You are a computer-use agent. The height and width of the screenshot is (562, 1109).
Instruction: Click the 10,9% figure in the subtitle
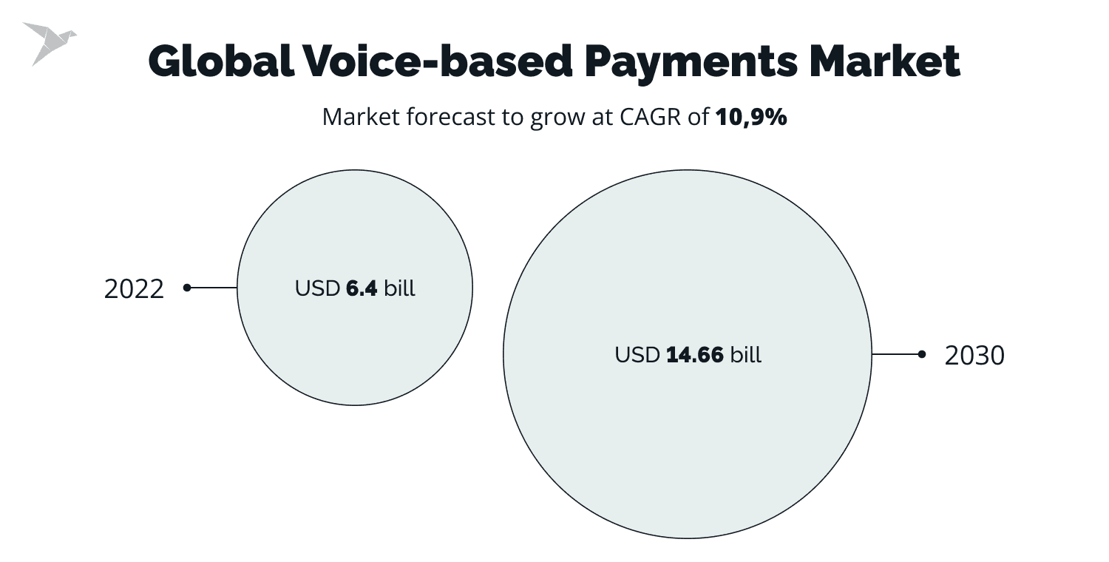(751, 118)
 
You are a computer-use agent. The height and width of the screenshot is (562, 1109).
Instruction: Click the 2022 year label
(134, 289)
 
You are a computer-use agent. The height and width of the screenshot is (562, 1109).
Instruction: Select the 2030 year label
(974, 356)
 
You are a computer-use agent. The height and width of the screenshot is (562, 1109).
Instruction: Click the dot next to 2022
(187, 288)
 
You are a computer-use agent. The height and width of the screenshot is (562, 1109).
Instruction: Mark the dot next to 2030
(921, 355)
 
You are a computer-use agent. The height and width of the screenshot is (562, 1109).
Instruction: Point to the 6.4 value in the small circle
(362, 288)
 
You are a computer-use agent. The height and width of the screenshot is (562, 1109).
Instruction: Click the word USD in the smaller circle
(318, 288)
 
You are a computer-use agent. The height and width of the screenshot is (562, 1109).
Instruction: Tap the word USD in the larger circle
(637, 355)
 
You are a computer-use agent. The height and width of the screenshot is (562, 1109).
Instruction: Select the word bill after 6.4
(399, 288)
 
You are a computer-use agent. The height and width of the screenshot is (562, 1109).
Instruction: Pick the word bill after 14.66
(745, 355)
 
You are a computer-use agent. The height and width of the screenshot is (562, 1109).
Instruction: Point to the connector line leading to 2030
(896, 355)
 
